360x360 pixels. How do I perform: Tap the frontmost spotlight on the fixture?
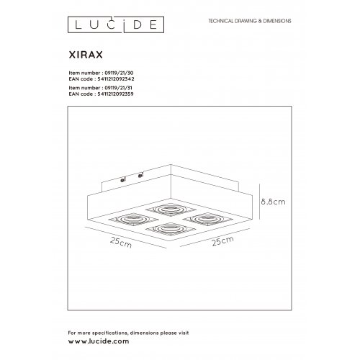(163, 231)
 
